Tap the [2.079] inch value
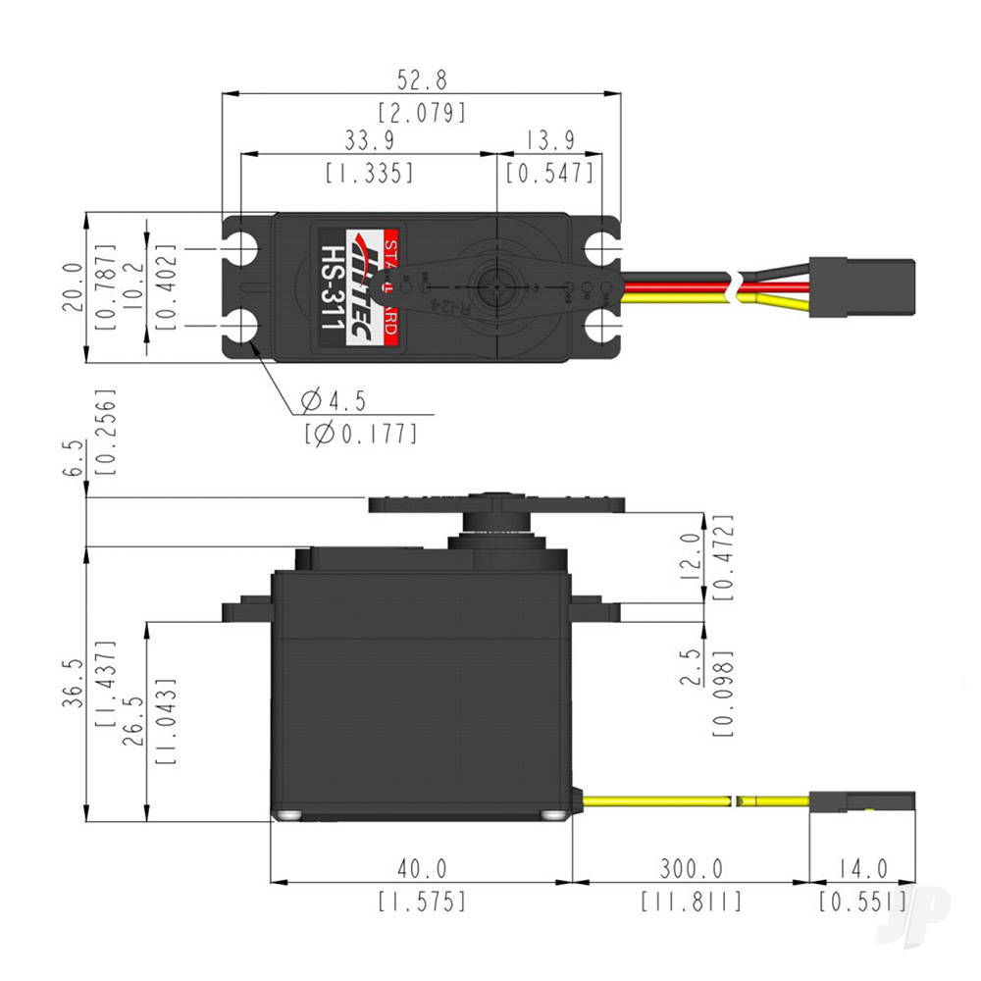click(x=422, y=112)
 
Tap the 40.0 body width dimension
click(x=422, y=868)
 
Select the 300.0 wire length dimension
click(x=691, y=868)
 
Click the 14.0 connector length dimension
click(x=862, y=868)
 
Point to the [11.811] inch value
click(x=691, y=900)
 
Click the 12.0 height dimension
click(x=693, y=556)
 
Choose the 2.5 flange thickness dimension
click(x=693, y=667)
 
